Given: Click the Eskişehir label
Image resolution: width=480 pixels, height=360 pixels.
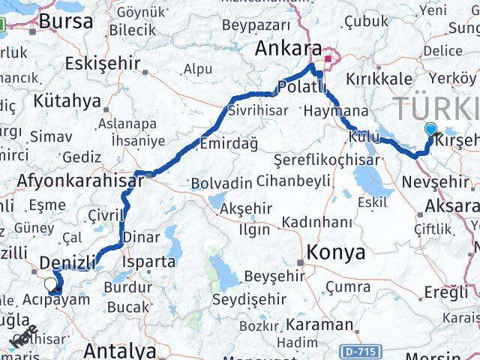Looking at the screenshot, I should coord(103,62).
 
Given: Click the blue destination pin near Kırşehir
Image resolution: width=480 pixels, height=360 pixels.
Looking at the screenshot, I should coord(430,129).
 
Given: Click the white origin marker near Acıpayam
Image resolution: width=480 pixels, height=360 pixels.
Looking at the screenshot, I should coord(51,283).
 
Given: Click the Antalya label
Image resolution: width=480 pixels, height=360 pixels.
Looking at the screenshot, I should coord(120,350).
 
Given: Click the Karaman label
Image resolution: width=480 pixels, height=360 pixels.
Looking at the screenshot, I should coord(320,325).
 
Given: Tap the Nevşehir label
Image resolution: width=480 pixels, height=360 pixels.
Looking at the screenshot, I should coord(435,182).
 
